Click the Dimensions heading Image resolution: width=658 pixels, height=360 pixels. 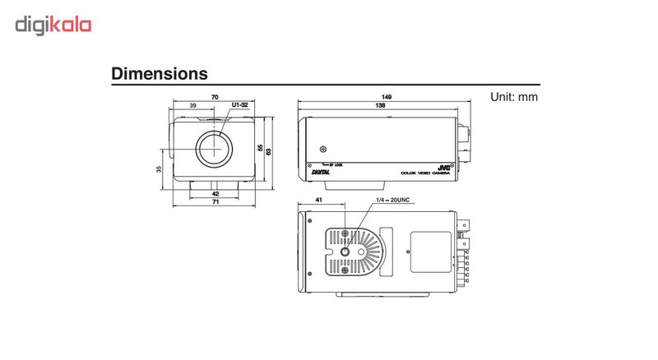(x=159, y=74)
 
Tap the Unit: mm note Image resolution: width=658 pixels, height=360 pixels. (x=513, y=96)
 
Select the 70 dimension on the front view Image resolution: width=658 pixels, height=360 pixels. (x=215, y=98)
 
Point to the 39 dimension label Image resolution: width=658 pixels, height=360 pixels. (x=192, y=106)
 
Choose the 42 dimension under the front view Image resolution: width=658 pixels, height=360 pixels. (x=215, y=194)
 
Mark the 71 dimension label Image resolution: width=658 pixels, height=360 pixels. (x=215, y=201)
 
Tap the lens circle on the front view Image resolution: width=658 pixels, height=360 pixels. (x=215, y=147)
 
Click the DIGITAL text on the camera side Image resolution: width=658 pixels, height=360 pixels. (x=322, y=172)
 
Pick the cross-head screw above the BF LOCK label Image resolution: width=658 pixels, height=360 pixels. (x=323, y=150)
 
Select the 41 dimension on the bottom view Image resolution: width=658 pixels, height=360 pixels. (x=317, y=201)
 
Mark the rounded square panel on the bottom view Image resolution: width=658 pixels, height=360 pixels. (x=429, y=247)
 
